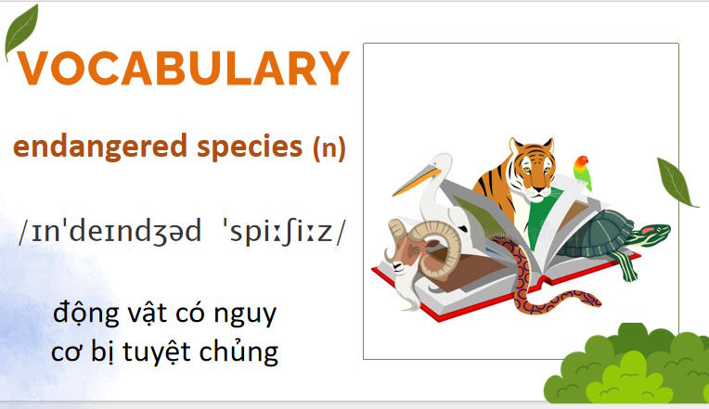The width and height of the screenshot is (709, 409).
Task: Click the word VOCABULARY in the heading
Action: [x=183, y=70]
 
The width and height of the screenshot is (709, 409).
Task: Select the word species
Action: [x=245, y=147]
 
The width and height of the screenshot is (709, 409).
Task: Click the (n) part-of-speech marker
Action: [x=329, y=147]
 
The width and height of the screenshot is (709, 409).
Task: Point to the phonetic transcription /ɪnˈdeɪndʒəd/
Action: [x=109, y=232]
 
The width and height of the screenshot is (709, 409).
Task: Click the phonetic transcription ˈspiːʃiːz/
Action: [x=278, y=232]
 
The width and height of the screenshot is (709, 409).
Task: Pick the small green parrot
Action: [x=583, y=171]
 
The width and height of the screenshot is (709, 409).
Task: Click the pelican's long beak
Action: [x=413, y=182]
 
